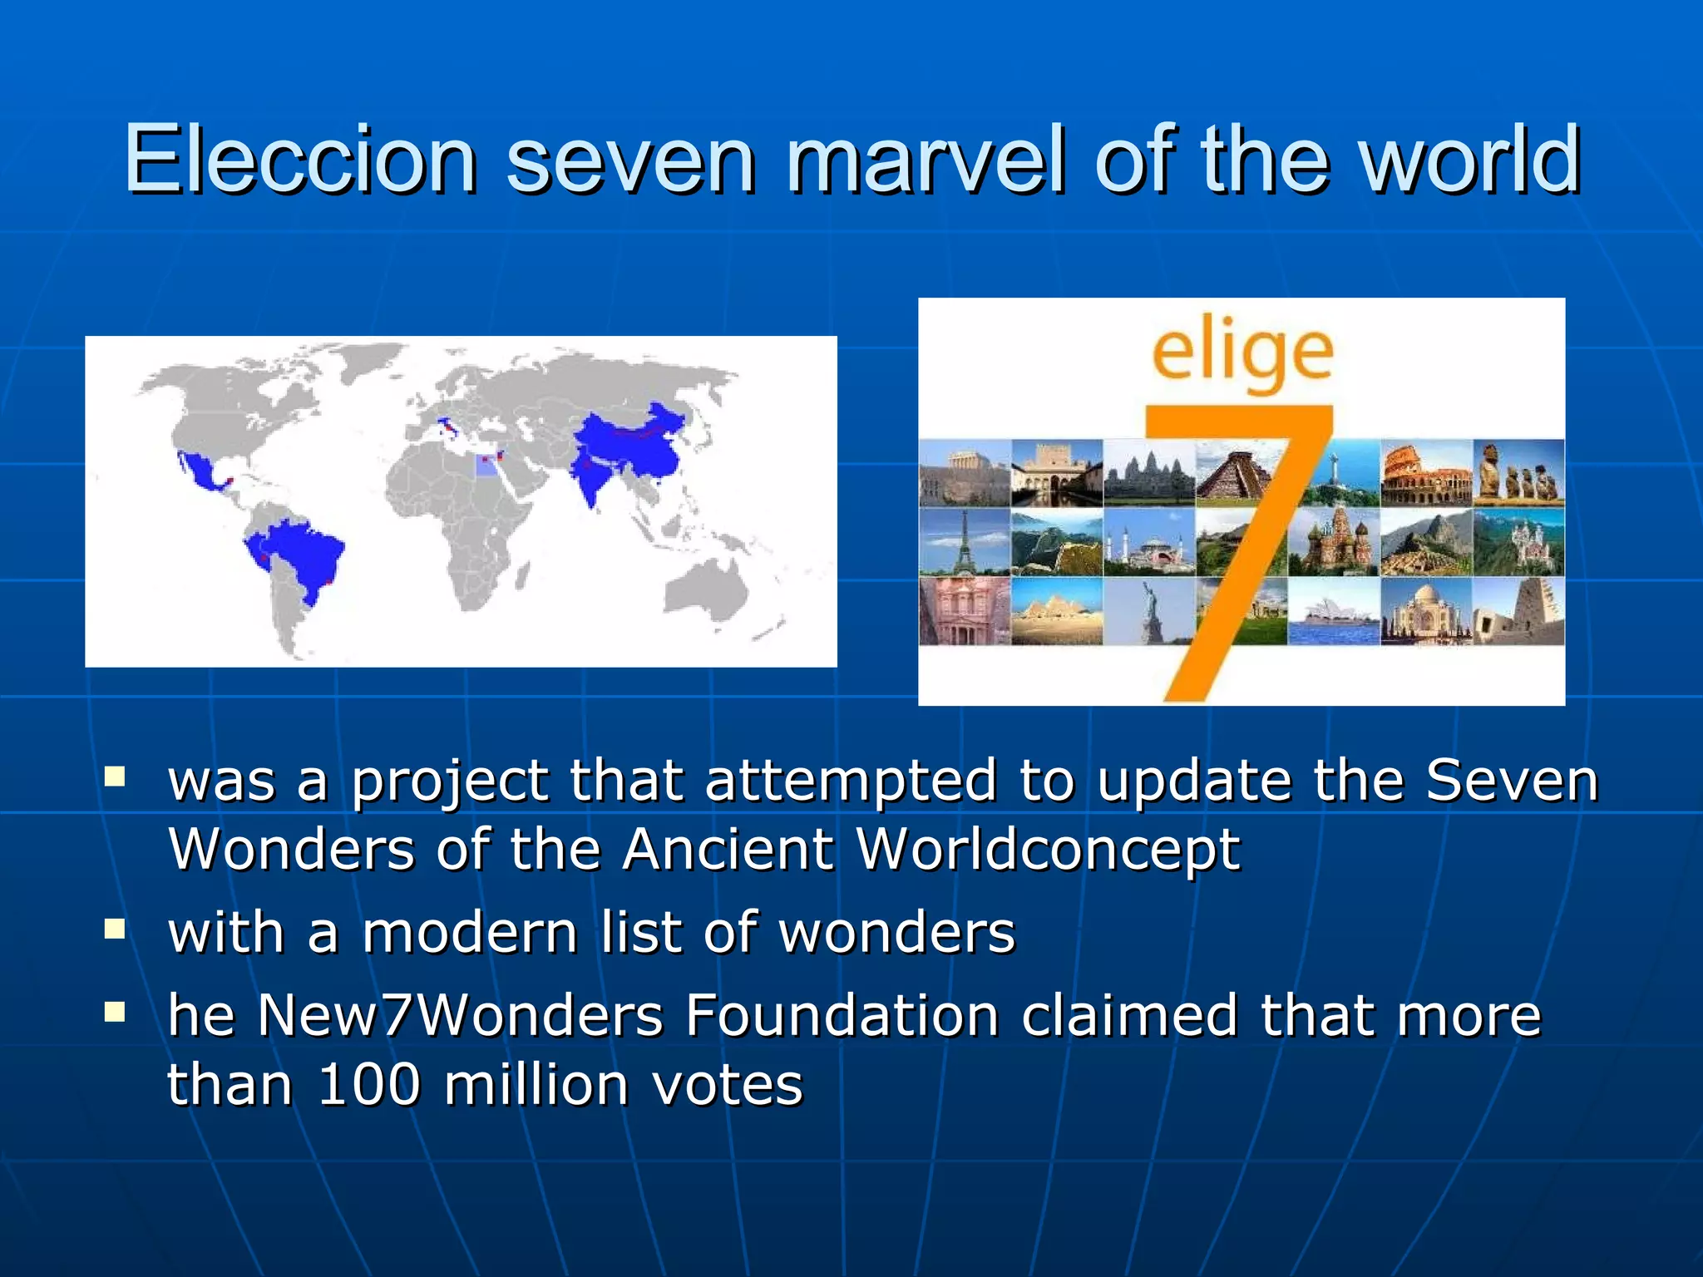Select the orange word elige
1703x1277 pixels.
(1242, 353)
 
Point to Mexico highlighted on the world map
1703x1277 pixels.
(200, 475)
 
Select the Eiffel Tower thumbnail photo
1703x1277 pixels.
(964, 542)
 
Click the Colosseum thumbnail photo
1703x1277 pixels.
(1426, 474)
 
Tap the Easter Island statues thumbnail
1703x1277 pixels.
(1518, 474)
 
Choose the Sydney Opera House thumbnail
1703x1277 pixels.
(1334, 612)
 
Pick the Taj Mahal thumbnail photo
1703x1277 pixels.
(1426, 612)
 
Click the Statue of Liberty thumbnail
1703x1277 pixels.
(1149, 612)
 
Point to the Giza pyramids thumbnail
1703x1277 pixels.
(1056, 612)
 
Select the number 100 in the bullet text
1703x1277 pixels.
(369, 1085)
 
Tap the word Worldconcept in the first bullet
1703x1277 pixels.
(1048, 850)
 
